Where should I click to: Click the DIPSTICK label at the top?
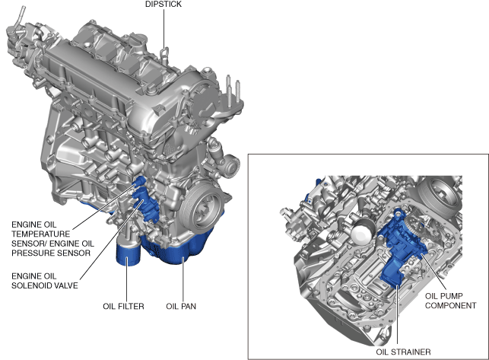coord(163,4)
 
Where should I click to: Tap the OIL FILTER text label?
coord(123,306)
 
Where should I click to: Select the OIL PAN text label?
coord(181,306)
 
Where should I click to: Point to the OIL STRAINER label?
coord(403,352)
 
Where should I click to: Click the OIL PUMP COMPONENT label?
coord(451,301)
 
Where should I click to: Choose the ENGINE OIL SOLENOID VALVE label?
coord(45,281)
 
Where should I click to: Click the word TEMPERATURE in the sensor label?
coord(41,234)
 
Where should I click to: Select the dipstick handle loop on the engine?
coord(165,53)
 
